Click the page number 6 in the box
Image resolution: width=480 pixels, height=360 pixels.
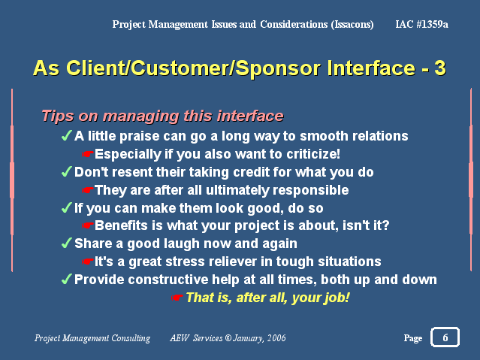(x=445, y=337)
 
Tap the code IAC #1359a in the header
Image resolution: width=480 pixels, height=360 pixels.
(x=421, y=24)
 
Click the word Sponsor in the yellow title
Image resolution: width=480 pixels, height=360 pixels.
(x=278, y=68)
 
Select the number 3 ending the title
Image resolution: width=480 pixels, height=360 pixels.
(x=440, y=68)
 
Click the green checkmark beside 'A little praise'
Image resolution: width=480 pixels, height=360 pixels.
(x=66, y=135)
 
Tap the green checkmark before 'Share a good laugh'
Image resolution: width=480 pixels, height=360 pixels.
(x=66, y=243)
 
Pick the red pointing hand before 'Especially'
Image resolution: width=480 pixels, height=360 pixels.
(x=88, y=154)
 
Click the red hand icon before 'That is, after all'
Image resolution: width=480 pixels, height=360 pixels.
(x=177, y=297)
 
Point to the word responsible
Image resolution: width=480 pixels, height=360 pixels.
(x=311, y=191)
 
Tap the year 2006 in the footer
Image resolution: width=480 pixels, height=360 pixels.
(x=276, y=338)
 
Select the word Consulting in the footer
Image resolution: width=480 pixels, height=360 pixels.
(x=131, y=338)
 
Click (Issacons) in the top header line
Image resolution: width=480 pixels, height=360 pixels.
(x=352, y=24)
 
